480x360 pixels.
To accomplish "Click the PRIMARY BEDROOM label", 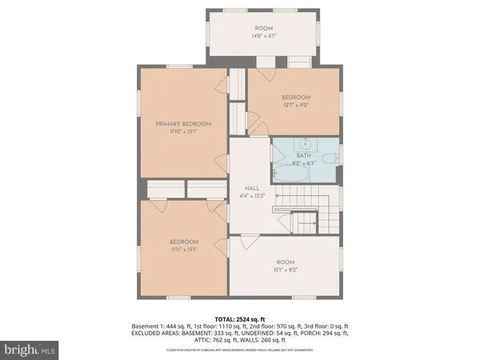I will [x=182, y=123].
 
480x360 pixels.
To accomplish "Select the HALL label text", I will [x=250, y=188].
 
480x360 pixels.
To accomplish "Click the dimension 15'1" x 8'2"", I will [x=286, y=270].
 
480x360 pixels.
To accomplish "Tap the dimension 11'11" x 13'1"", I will [x=183, y=249].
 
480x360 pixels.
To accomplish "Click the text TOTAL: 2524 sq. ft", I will [x=240, y=318].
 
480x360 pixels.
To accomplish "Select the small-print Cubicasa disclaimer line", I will [x=240, y=350].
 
